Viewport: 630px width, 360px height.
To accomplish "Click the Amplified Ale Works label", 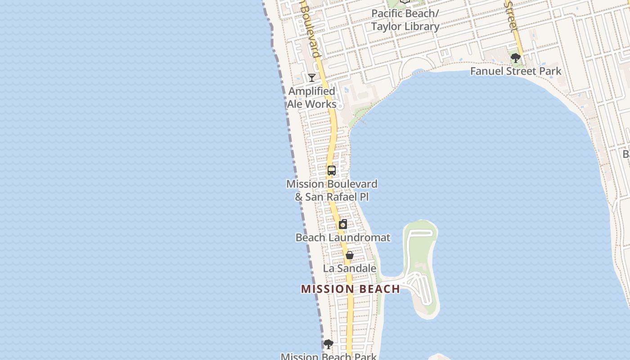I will point(312,98).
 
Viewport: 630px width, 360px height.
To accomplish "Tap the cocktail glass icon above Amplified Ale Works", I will point(311,78).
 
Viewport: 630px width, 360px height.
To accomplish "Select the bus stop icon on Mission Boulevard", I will point(332,171).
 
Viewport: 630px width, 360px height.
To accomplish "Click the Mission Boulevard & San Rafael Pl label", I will point(332,190).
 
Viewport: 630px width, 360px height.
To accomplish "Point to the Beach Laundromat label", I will point(342,238).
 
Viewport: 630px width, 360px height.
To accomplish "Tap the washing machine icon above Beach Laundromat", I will point(343,224).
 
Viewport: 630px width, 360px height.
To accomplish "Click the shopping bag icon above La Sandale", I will point(349,255).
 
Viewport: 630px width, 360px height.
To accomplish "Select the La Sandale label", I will point(349,269).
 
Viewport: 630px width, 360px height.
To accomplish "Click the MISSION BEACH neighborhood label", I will point(350,289).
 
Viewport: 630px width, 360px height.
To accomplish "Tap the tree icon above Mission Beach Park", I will point(328,344).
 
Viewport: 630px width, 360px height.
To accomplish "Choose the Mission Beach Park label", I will point(328,356).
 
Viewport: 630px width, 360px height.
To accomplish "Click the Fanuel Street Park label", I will point(516,71).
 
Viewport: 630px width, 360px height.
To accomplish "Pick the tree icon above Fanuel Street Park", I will point(516,58).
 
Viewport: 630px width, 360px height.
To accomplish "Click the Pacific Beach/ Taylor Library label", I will point(405,20).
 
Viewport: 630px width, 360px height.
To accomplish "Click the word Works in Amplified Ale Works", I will point(320,104).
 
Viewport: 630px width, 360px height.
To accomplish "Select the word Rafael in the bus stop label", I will point(347,197).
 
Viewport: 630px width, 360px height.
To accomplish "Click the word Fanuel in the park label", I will point(486,71).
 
